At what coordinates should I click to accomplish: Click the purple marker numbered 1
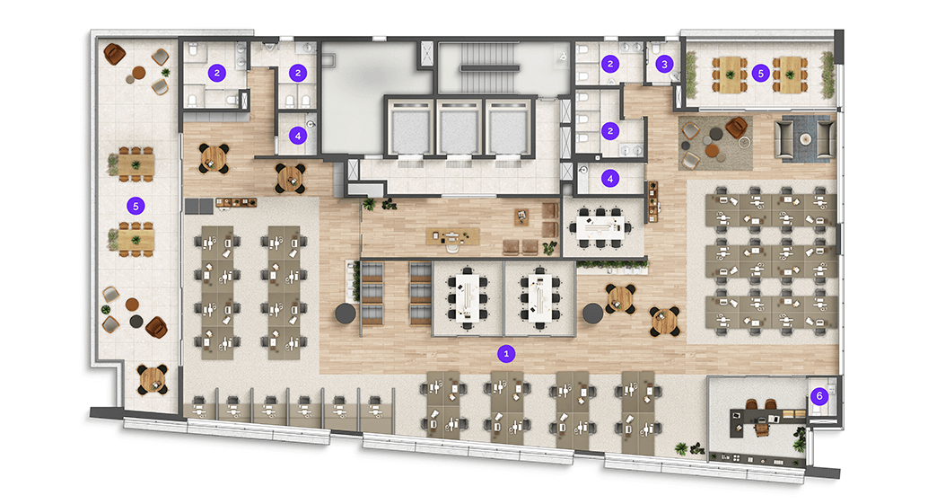click(x=505, y=354)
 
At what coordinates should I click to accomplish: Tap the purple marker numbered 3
click(x=664, y=64)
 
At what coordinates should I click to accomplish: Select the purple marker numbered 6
click(x=819, y=396)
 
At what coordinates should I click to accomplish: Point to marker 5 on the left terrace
click(x=136, y=206)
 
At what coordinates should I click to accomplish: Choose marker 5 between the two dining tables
click(x=760, y=74)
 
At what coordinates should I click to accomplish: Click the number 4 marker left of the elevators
click(x=298, y=136)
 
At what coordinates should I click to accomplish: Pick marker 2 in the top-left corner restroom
click(x=216, y=73)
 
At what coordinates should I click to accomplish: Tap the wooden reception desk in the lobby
click(x=452, y=236)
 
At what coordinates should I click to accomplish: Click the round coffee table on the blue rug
click(x=805, y=139)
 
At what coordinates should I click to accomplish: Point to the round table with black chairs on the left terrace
click(x=153, y=379)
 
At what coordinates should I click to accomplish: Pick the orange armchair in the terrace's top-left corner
click(x=114, y=54)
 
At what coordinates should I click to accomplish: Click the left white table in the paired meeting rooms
click(x=468, y=297)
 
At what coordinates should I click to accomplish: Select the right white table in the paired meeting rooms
click(x=539, y=297)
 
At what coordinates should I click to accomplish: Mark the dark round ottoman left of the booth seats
click(x=346, y=314)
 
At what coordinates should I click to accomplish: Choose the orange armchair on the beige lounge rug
click(x=737, y=127)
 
